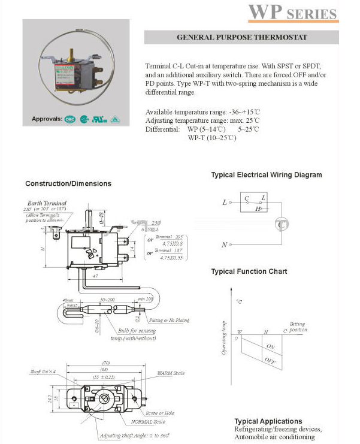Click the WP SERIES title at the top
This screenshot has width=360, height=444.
[293, 13]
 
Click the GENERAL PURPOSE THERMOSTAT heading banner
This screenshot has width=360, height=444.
[241, 37]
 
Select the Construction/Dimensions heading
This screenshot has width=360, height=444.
[68, 183]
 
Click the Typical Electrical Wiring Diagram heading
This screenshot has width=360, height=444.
[266, 175]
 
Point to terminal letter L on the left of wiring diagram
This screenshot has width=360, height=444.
[225, 203]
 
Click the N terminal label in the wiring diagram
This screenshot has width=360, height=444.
[224, 244]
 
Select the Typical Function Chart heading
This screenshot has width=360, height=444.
[249, 271]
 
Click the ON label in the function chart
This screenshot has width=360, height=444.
[270, 347]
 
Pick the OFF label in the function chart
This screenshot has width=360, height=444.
[270, 361]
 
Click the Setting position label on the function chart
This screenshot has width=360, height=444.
[298, 327]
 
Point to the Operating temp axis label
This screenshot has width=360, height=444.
[225, 339]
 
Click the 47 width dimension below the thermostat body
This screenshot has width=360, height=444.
[95, 278]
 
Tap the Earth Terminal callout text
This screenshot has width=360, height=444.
[47, 203]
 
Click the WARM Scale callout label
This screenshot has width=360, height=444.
[171, 373]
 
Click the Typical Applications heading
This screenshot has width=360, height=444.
[268, 421]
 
